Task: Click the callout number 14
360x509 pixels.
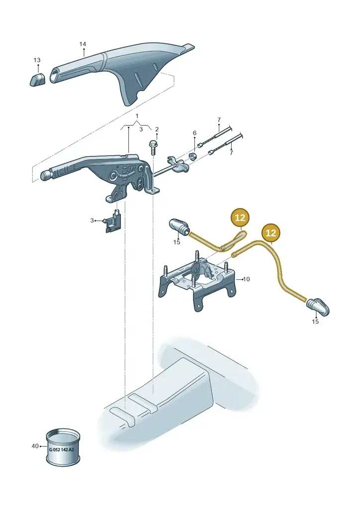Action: pyautogui.click(x=83, y=44)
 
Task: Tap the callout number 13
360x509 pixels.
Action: pyautogui.click(x=37, y=60)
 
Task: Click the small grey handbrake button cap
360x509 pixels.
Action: pyautogui.click(x=38, y=80)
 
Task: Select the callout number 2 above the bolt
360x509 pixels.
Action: pyautogui.click(x=157, y=129)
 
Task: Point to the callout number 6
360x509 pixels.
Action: pyautogui.click(x=194, y=133)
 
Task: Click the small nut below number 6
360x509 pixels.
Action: pyautogui.click(x=192, y=157)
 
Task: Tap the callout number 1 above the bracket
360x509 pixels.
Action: pyautogui.click(x=137, y=116)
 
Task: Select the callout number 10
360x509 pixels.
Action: pyautogui.click(x=247, y=279)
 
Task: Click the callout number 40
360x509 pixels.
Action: pyautogui.click(x=35, y=446)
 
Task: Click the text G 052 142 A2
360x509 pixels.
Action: pyautogui.click(x=61, y=449)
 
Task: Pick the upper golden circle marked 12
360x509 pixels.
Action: pyautogui.click(x=240, y=218)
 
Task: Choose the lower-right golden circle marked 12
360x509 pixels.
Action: pyautogui.click(x=270, y=233)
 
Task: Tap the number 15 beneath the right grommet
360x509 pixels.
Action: pyautogui.click(x=315, y=322)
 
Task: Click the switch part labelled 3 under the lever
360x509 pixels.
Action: pyautogui.click(x=112, y=221)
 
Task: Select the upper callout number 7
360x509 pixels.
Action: pyautogui.click(x=219, y=120)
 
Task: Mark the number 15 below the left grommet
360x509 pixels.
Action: pyautogui.click(x=177, y=242)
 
